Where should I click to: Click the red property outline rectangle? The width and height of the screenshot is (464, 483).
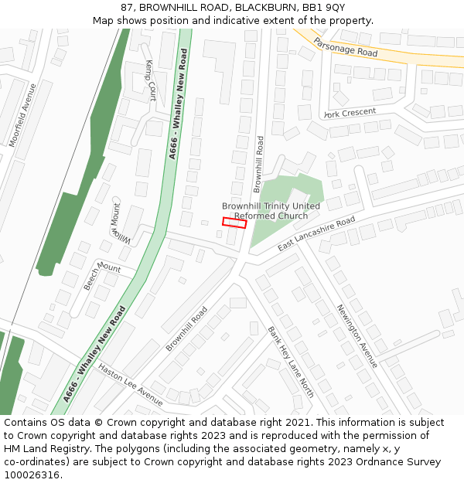pos(234,223)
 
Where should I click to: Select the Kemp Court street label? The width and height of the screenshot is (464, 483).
pos(151,80)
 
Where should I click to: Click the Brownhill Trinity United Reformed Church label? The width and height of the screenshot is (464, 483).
pos(271,211)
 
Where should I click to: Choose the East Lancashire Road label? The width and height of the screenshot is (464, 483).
pos(316,233)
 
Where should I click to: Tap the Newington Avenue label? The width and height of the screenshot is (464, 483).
pos(357,335)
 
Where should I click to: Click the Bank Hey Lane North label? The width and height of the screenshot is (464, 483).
pos(291,361)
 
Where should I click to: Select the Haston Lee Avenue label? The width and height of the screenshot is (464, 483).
pos(131,385)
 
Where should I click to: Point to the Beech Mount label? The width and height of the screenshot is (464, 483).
pos(102,276)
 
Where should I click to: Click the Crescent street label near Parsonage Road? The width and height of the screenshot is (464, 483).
pos(350,113)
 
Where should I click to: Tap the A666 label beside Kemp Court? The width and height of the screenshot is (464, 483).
pos(178,104)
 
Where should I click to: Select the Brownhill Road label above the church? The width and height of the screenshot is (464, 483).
pos(259,164)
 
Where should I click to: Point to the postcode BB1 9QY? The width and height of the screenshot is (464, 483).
pos(322,8)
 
